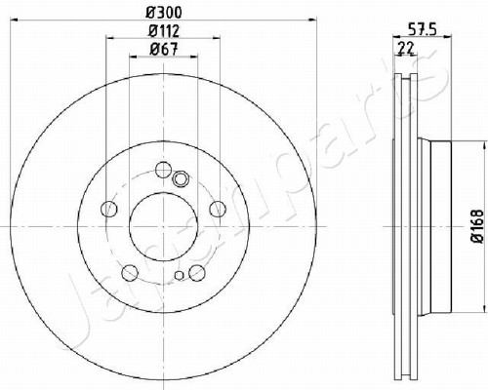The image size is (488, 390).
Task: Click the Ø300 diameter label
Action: pyautogui.click(x=163, y=13)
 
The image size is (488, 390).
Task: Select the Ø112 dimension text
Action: pyautogui.click(x=164, y=31)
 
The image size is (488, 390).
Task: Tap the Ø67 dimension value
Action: pyautogui.click(x=164, y=50)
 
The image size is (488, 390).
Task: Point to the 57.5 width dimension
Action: pyautogui.click(x=422, y=30)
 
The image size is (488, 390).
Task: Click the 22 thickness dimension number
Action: pyautogui.click(x=406, y=48)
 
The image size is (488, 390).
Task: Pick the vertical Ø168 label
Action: pyautogui.click(x=478, y=226)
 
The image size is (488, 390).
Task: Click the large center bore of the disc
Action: pyautogui.click(x=163, y=226)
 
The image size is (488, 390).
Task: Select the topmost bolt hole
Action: pyautogui.click(x=163, y=170)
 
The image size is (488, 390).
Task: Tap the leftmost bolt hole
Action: pyautogui.click(x=109, y=209)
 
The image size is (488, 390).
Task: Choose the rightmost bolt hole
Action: pyautogui.click(x=218, y=209)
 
